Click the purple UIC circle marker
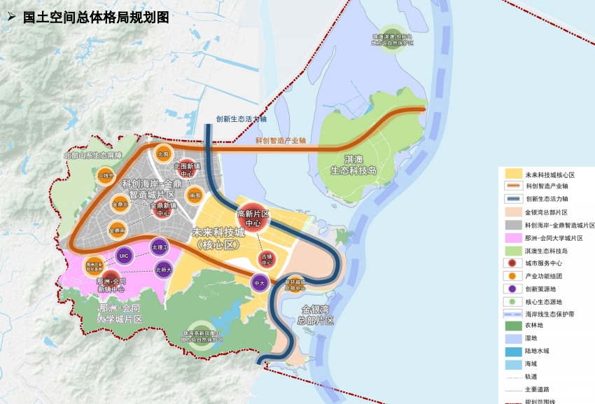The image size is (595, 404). [x=124, y=256]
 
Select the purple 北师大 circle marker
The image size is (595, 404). [x=164, y=269]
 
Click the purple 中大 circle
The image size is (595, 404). [x=259, y=283]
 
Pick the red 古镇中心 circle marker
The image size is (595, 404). [x=267, y=260]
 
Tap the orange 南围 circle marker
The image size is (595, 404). [x=195, y=197]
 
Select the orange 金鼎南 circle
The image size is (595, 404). [x=117, y=229]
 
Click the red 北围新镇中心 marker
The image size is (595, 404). [x=187, y=170]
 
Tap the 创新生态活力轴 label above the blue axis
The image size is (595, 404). [x=241, y=119]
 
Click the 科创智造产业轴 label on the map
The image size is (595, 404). [x=281, y=141]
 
